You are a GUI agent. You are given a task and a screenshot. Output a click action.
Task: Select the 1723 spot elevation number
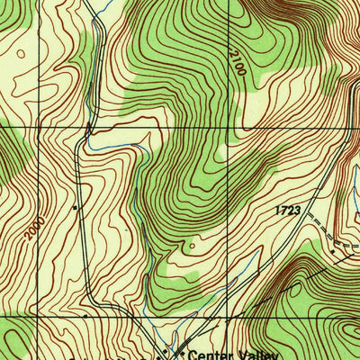click(287, 209)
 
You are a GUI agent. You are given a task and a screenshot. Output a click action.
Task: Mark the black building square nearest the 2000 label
click(76, 207)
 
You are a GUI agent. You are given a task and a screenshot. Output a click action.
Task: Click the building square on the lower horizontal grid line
click(85, 317)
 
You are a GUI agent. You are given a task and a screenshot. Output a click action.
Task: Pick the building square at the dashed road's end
click(331, 253)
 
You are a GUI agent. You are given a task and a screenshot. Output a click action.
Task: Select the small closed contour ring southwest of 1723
click(190, 243)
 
